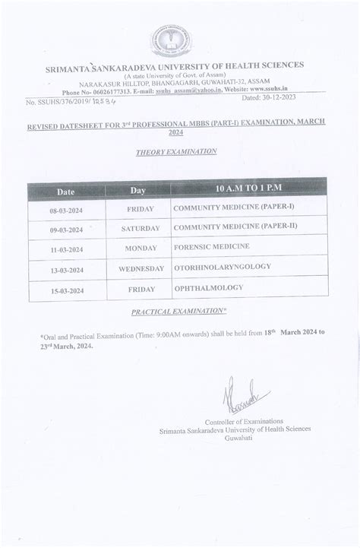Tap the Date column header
pyautogui.click(x=65, y=190)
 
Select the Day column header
pyautogui.click(x=137, y=190)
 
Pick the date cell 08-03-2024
pyautogui.click(x=65, y=209)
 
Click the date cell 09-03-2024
pyautogui.click(x=65, y=229)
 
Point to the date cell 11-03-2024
pyautogui.click(x=65, y=249)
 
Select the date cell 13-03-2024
pyautogui.click(x=65, y=269)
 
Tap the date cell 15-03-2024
pyautogui.click(x=65, y=290)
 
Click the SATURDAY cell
pyautogui.click(x=141, y=228)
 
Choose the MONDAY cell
pyautogui.click(x=141, y=249)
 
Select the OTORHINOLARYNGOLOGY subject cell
pyautogui.click(x=222, y=267)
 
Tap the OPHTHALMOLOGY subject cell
pyautogui.click(x=208, y=287)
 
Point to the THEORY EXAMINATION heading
pyautogui.click(x=176, y=152)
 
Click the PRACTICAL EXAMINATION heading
pyautogui.click(x=179, y=312)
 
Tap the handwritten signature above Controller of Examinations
pyautogui.click(x=244, y=396)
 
